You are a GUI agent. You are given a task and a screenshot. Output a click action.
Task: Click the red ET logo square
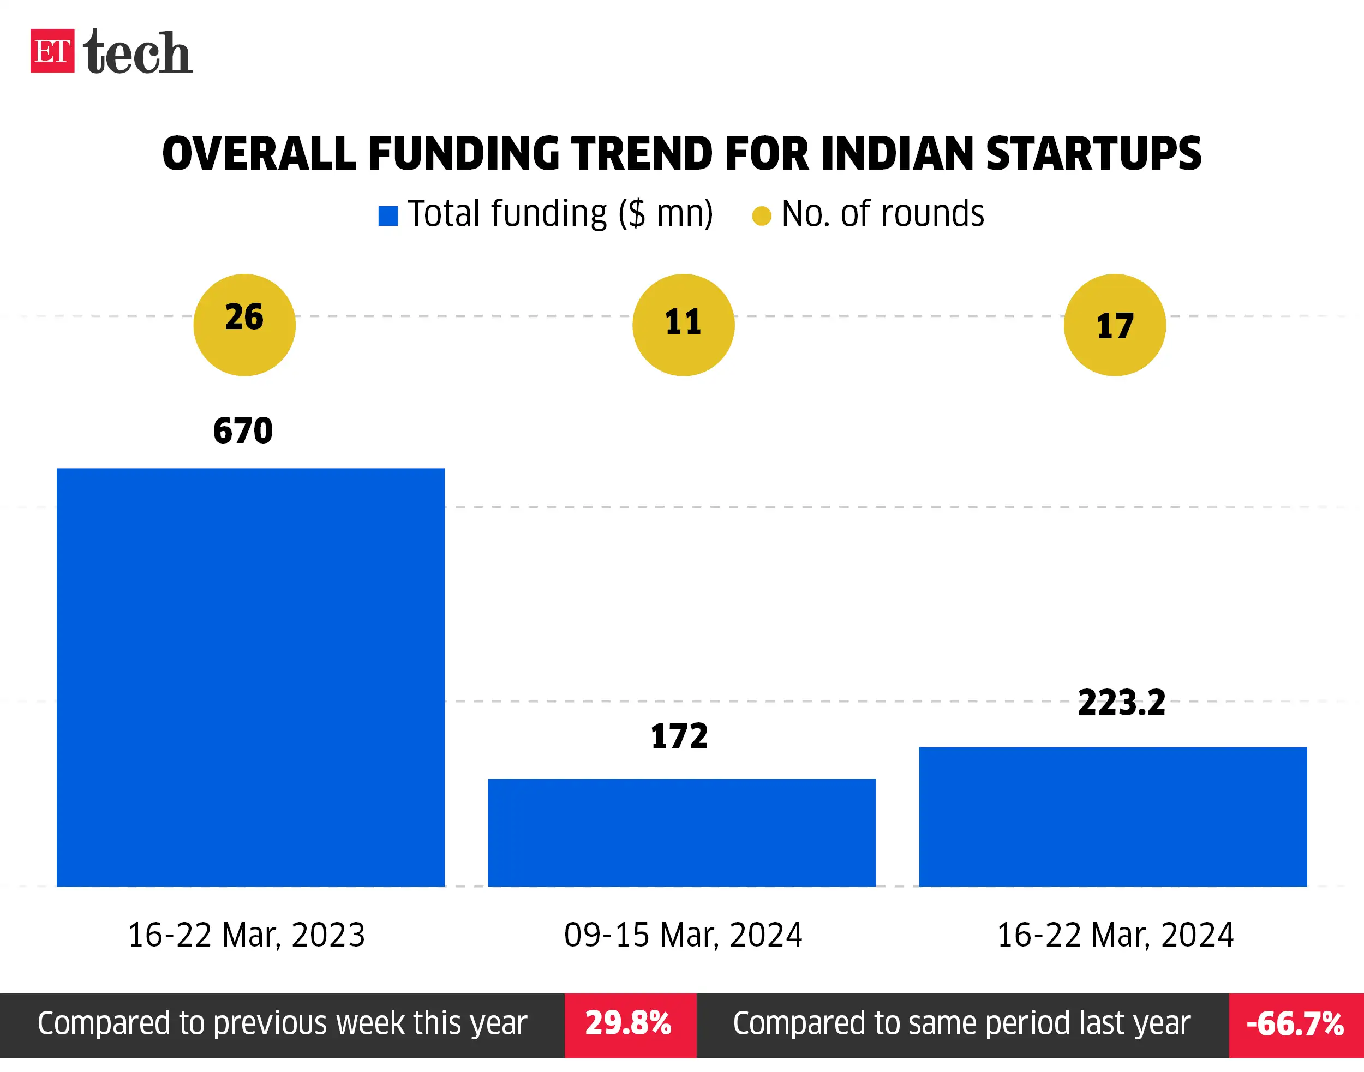pyautogui.click(x=52, y=51)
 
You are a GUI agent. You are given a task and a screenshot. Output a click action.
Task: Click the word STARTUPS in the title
pyautogui.click(x=1093, y=154)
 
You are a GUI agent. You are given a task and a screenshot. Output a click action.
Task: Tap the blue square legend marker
pyautogui.click(x=388, y=216)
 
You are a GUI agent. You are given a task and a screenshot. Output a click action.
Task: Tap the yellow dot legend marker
pyautogui.click(x=762, y=216)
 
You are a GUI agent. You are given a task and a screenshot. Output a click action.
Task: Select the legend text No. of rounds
pyautogui.click(x=883, y=214)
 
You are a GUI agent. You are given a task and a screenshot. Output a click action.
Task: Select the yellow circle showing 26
pyautogui.click(x=244, y=325)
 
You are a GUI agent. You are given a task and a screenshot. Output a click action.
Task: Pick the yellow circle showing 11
pyautogui.click(x=683, y=325)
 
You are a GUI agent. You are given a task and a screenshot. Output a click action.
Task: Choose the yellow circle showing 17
pyautogui.click(x=1115, y=325)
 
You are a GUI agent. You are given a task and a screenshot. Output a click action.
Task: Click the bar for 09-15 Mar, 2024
pyautogui.click(x=681, y=833)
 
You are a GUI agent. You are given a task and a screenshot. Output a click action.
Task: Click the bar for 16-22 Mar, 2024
pyautogui.click(x=1113, y=817)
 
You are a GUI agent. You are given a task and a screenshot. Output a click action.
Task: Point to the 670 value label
pyautogui.click(x=243, y=431)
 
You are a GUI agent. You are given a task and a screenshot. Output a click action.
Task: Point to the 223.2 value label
pyautogui.click(x=1122, y=703)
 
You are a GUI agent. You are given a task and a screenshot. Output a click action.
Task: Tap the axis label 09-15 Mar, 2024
pyautogui.click(x=683, y=935)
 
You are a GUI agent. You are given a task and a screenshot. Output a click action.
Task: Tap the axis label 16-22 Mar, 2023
pyautogui.click(x=247, y=935)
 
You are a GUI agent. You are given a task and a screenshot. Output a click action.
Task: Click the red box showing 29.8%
pyautogui.click(x=630, y=1025)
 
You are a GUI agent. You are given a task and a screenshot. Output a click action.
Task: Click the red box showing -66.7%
pyautogui.click(x=1296, y=1025)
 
